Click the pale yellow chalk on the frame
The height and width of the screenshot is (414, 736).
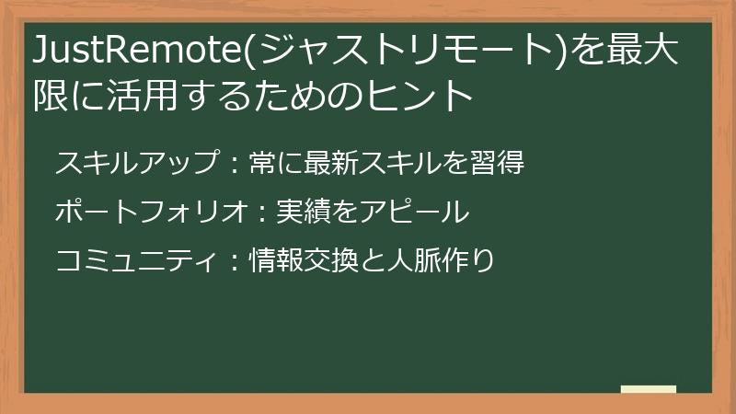[649, 389]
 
